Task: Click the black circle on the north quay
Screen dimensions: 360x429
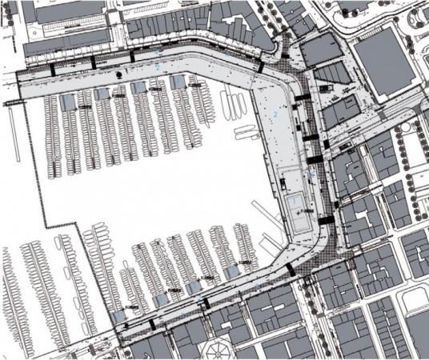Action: (118, 74)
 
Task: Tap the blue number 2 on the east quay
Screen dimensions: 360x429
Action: (275, 114)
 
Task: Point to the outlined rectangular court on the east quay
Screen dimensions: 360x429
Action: (297, 205)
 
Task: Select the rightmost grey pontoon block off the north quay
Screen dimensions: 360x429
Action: (178, 82)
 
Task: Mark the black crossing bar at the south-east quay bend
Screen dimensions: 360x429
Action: (290, 270)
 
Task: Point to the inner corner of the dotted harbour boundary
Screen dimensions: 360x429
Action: (81, 229)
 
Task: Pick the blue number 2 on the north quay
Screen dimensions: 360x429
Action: (158, 65)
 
